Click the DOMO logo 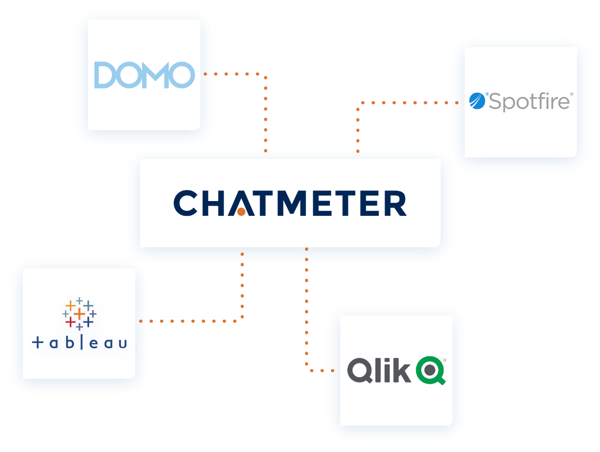144,75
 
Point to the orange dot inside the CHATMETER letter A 241,211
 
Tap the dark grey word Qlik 379,370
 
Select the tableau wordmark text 79,343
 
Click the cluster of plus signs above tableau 79,313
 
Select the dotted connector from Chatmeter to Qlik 306,316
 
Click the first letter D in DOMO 105,75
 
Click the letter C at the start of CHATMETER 185,204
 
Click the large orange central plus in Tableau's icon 79,314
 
